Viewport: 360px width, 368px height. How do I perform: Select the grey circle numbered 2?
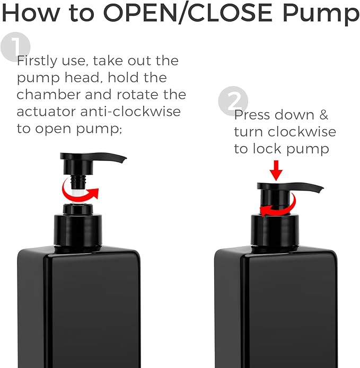[x=233, y=101]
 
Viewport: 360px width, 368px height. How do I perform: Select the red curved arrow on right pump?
[x=276, y=210]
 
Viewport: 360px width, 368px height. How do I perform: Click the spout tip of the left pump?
[x=124, y=159]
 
